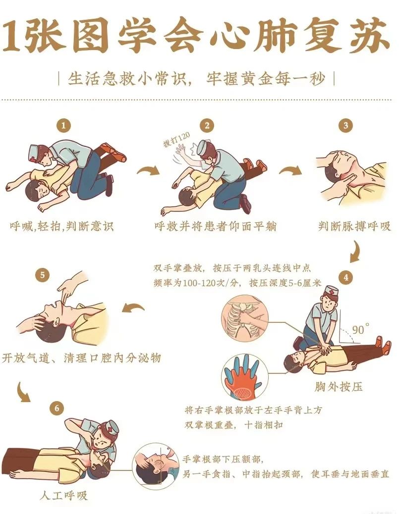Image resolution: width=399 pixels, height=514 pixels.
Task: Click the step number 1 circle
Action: tap(63, 125)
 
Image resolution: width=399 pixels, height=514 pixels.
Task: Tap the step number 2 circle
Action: tap(207, 125)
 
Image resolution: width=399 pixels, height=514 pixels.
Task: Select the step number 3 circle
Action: tap(345, 125)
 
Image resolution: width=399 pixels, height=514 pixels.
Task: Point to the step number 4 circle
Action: tap(346, 278)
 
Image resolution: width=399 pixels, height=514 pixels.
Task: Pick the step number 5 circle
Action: tap(42, 275)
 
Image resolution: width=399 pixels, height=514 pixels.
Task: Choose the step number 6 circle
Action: tap(57, 409)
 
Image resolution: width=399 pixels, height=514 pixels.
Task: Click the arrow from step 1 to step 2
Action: tap(148, 170)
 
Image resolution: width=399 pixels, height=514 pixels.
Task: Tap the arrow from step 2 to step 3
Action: tap(291, 170)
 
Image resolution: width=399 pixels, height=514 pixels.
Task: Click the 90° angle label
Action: tap(360, 329)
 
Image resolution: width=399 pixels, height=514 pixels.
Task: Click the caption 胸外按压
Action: tap(339, 387)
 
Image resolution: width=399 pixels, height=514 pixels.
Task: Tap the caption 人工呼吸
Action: tap(63, 495)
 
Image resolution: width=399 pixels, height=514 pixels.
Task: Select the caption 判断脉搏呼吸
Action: tap(354, 226)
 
